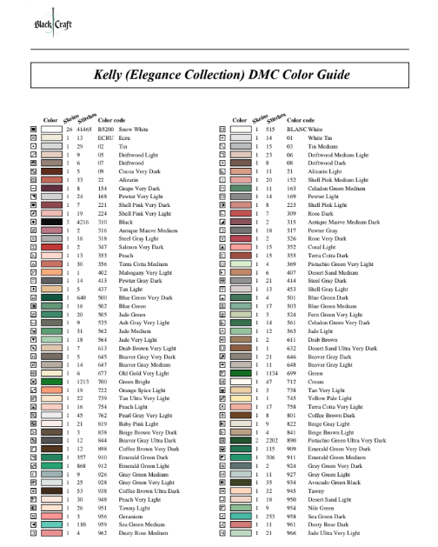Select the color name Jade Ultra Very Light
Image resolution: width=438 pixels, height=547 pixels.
pyautogui.click(x=340, y=534)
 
